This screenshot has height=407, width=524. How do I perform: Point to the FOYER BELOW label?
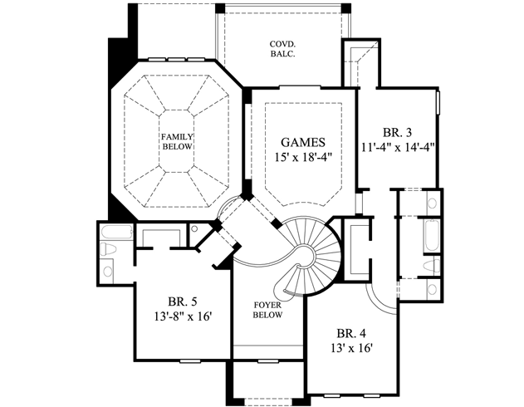267,310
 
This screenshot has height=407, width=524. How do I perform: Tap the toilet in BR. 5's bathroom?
108,249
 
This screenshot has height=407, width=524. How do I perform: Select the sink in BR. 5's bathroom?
108,270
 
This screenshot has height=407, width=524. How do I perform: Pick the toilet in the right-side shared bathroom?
431,265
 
